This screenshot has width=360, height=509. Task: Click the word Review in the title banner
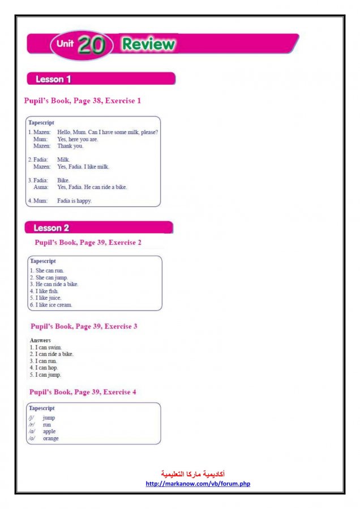148,44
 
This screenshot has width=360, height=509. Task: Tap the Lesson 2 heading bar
98,227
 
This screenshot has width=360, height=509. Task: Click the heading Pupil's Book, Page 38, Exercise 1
82,101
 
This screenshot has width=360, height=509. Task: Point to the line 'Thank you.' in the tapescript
70,146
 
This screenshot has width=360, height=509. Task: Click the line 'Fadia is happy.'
74,201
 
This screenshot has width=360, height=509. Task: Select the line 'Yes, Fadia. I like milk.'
83,167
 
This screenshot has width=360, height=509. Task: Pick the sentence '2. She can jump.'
49,278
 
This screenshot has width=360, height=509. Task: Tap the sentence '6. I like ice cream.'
51,305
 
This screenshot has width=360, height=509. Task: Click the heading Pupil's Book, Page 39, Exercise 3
84,326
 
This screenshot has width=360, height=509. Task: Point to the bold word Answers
40,340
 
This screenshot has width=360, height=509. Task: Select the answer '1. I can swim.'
46,347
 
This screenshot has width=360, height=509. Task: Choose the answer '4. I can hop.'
44,368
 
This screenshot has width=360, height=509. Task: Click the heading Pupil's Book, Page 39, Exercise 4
83,392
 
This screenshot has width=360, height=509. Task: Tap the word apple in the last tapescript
49,432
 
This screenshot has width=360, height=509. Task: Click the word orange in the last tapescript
51,438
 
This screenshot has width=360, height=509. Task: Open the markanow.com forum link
198,484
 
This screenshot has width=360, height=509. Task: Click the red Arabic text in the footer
193,473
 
